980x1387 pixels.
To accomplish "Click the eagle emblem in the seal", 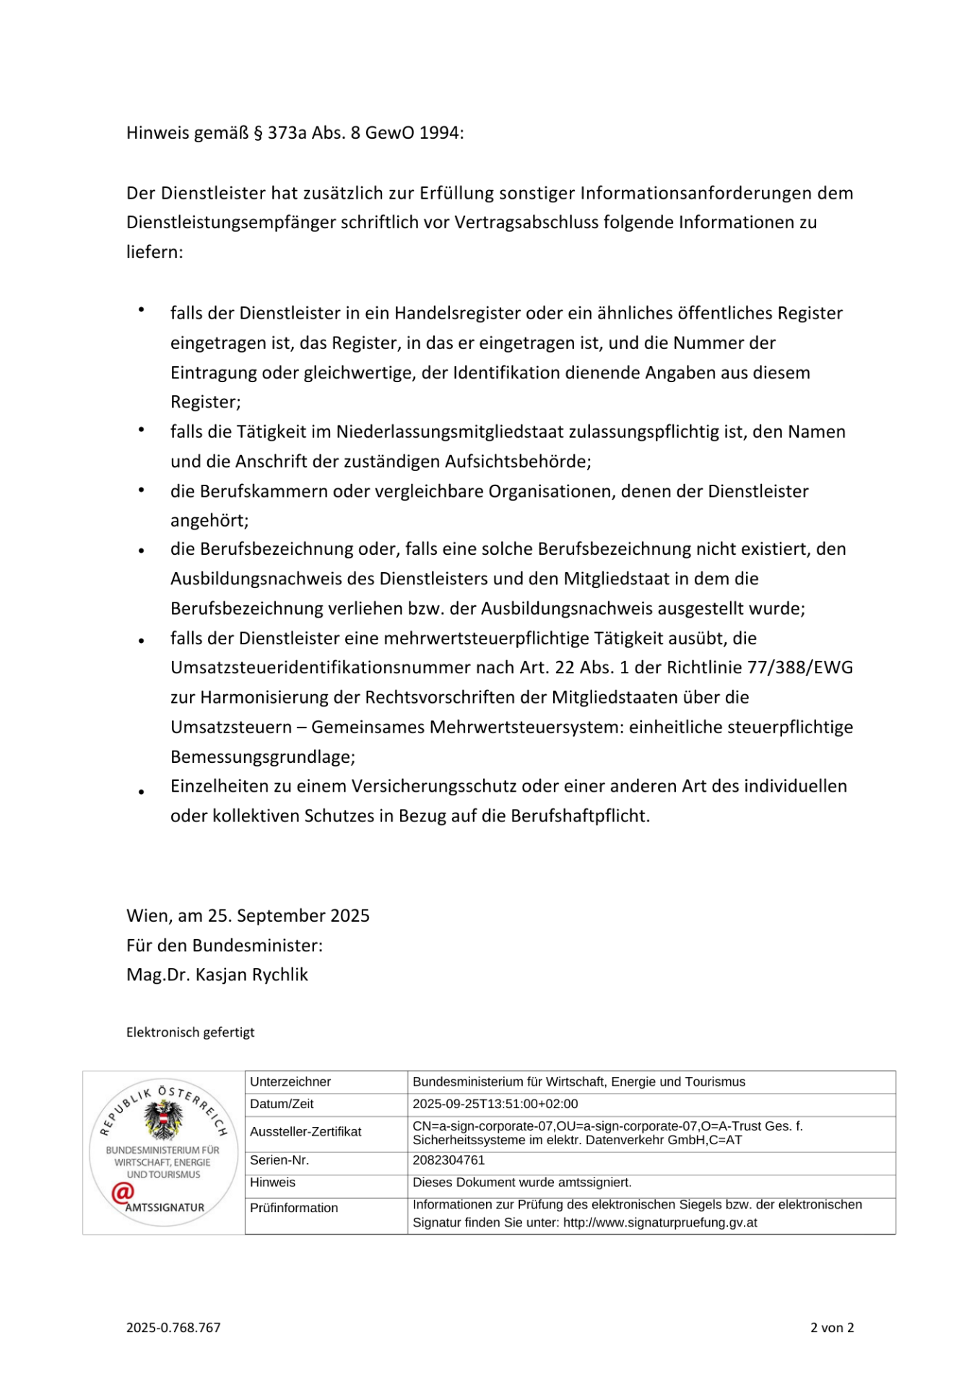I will pyautogui.click(x=164, y=1120).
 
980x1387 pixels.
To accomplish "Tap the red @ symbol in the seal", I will pyautogui.click(x=122, y=1193).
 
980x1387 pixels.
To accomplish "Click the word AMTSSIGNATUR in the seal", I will pyautogui.click(x=165, y=1207).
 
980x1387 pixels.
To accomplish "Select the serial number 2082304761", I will pyautogui.click(x=448, y=1160).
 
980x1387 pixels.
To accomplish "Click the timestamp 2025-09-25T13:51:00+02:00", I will pyautogui.click(x=495, y=1104).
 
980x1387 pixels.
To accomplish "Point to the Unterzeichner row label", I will pyautogui.click(x=290, y=1081).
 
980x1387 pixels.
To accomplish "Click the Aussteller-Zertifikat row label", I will pyautogui.click(x=305, y=1131).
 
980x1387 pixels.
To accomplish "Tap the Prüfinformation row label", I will pyautogui.click(x=294, y=1208).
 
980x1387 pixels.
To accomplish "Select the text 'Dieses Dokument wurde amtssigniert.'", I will pyautogui.click(x=521, y=1183).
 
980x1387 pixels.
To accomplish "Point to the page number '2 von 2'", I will pyautogui.click(x=832, y=1327).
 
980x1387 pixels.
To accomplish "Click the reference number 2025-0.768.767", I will pyautogui.click(x=173, y=1327).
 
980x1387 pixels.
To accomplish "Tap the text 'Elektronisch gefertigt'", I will pyautogui.click(x=190, y=1032).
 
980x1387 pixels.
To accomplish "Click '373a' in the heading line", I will pyautogui.click(x=287, y=133).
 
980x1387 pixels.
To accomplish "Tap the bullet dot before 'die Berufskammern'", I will pyautogui.click(x=142, y=491).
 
